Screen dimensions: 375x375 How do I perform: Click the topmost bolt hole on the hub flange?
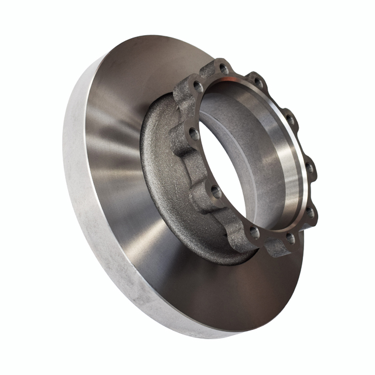click(x=224, y=69)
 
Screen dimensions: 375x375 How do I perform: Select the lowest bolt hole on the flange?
click(x=291, y=238)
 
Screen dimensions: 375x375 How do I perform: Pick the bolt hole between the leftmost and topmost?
click(x=199, y=87)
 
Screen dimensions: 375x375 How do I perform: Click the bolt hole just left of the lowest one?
click(x=254, y=233)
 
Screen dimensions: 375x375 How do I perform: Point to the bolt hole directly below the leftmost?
click(x=216, y=190)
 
